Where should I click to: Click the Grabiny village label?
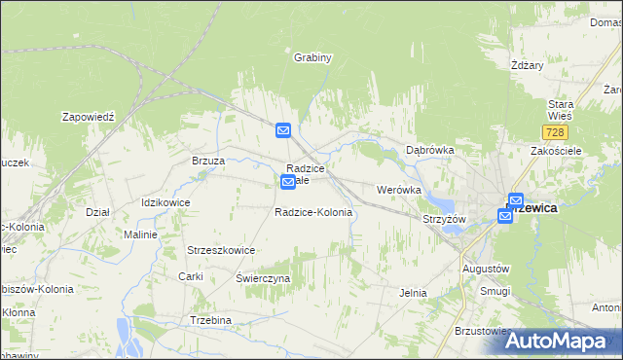[313, 57]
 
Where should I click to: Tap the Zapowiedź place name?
[89, 116]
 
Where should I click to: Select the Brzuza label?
[208, 161]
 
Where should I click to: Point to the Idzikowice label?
[165, 202]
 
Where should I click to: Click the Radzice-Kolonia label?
[312, 212]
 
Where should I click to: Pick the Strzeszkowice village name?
[221, 250]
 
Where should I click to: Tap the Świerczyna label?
[263, 278]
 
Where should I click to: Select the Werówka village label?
[398, 190]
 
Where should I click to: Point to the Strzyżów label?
[444, 219]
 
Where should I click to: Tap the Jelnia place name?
[415, 292]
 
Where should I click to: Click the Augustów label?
[486, 268]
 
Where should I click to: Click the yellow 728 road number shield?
[556, 130]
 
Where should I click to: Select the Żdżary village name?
[527, 65]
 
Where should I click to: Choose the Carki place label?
[190, 277]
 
